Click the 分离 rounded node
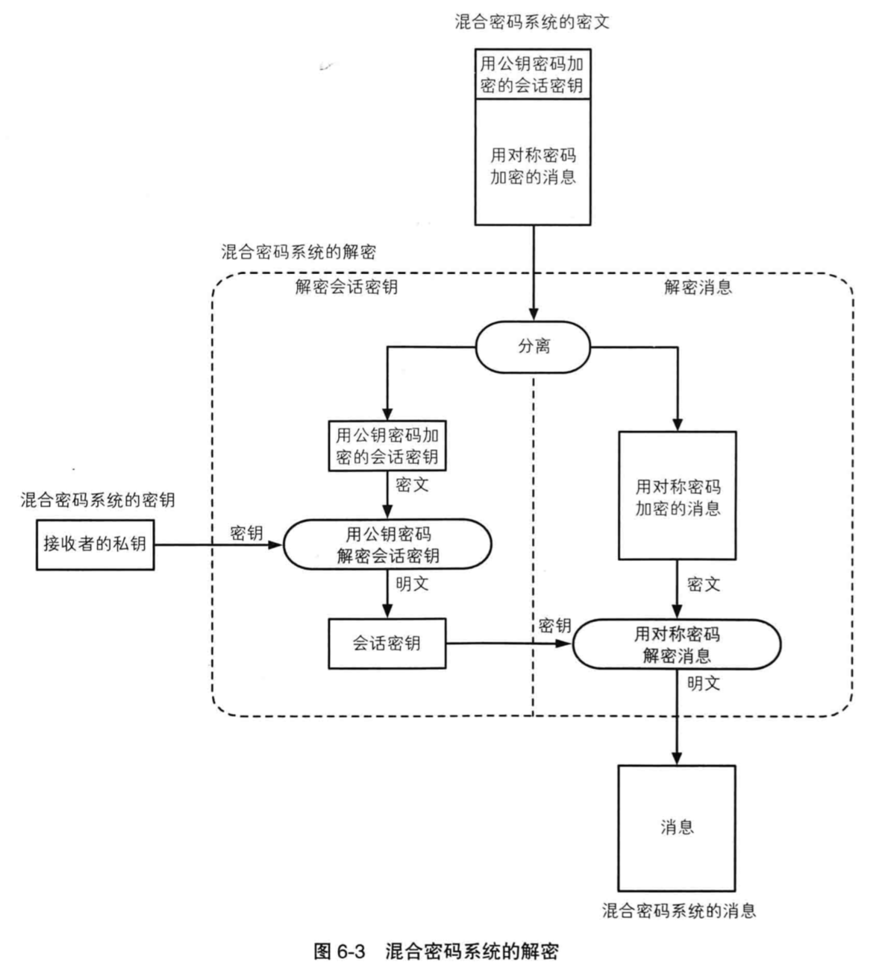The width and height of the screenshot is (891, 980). pos(534,347)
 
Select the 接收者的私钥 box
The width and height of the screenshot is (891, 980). pos(95,544)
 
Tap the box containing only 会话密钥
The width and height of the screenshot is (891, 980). pos(387,643)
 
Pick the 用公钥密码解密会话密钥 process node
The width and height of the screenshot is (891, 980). pos(387,545)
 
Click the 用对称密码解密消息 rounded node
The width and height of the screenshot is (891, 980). pos(676,645)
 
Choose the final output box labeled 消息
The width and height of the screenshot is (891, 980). pos(676,827)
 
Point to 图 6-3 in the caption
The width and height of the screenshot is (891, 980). pos(340,952)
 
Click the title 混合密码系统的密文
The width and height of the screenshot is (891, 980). pos(532,22)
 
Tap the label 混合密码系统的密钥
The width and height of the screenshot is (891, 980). pos(98,500)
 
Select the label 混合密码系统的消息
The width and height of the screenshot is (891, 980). pos(678,911)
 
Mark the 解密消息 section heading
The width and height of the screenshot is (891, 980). pos(698,288)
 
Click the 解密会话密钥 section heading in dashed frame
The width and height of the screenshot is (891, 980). pos(346,288)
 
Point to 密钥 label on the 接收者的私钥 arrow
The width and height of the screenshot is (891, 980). pos(246,533)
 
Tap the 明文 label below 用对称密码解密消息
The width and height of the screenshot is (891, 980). pos(704,682)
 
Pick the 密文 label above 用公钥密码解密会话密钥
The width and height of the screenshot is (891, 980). pos(413,486)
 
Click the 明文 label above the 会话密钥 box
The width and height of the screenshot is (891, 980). pos(413,583)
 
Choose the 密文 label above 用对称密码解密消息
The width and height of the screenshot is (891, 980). pos(704,584)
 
